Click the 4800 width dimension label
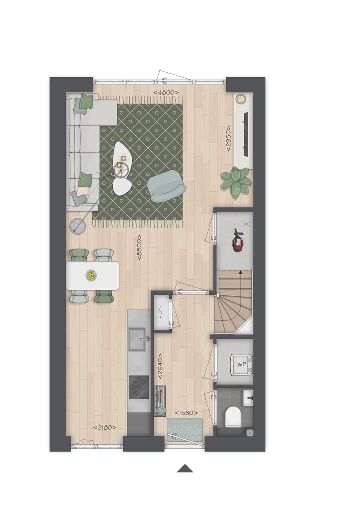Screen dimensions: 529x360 point(166,92)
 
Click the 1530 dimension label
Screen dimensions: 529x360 point(186,413)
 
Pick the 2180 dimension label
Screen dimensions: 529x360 point(105,427)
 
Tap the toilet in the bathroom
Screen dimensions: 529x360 point(233,416)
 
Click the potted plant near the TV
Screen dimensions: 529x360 point(235,181)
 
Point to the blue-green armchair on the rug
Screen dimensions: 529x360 point(167,186)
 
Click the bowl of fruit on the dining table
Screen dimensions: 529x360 point(91,274)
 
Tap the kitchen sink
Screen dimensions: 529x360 point(138,339)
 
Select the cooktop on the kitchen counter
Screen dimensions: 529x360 point(139,387)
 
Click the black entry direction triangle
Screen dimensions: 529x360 point(185,468)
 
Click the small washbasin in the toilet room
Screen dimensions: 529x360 point(248,398)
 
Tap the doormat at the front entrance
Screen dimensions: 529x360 point(185,430)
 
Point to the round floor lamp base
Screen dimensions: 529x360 point(77,226)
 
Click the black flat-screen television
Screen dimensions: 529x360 point(246,132)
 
